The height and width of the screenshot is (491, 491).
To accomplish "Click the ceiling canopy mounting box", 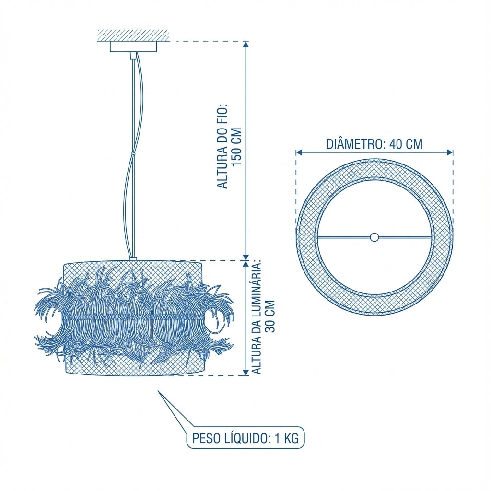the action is [x=133, y=47].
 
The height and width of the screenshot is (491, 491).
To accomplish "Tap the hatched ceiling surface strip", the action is [x=133, y=35].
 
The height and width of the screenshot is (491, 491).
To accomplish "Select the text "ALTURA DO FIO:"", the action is [x=222, y=147].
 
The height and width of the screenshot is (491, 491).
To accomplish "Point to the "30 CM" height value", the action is [x=269, y=316].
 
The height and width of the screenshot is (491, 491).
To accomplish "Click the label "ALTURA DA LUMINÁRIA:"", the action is [x=256, y=316].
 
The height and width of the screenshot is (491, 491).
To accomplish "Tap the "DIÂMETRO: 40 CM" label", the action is [x=374, y=144].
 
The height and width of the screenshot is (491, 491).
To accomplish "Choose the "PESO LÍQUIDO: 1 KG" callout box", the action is [x=245, y=438].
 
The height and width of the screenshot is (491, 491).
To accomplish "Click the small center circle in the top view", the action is [x=374, y=237].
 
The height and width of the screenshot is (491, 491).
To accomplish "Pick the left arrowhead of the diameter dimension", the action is [x=299, y=152].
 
